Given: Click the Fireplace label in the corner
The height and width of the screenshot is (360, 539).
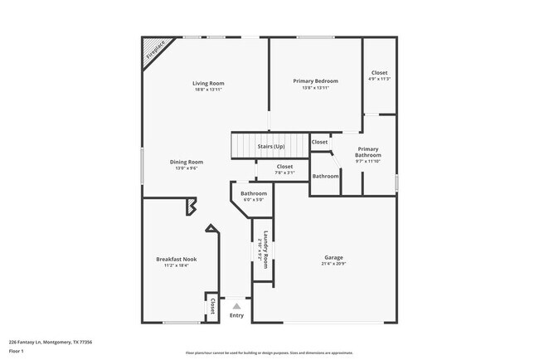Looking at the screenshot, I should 155,51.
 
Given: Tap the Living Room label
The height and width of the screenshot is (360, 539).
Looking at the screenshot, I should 208,83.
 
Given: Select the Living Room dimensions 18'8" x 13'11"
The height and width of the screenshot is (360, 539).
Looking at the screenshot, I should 208,90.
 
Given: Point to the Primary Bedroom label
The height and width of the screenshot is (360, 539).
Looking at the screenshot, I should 315,80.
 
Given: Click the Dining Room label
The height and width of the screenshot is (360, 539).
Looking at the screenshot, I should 187,162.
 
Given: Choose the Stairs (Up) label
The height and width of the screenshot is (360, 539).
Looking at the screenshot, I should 270,146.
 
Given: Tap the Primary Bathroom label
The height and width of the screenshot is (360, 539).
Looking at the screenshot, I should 368,152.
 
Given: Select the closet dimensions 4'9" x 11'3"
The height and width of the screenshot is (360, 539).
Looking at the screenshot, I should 379,80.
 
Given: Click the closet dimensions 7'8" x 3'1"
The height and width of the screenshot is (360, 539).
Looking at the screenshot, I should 284,173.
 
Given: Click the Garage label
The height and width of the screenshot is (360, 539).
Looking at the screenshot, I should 333,257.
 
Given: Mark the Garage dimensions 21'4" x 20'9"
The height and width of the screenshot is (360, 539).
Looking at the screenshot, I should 333,264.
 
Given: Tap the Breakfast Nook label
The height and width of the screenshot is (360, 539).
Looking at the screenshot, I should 177,259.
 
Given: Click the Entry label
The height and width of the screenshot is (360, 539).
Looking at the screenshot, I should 236,315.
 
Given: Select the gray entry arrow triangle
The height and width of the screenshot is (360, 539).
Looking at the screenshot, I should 236,306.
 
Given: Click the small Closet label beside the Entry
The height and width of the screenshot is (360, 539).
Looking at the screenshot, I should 213,306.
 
